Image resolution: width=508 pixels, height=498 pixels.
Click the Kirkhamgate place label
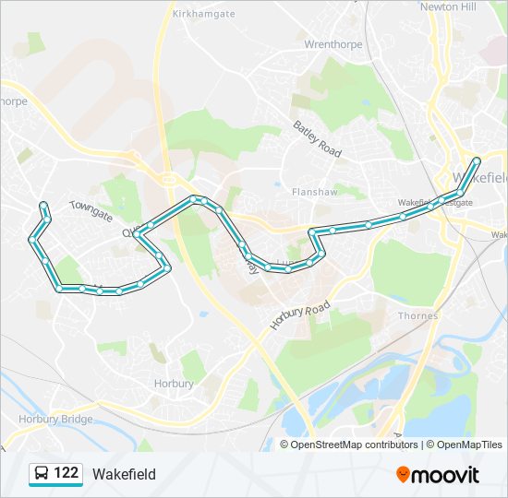204,14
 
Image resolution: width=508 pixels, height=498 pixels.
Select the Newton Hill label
448,6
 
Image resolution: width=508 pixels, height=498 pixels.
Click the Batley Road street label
318,137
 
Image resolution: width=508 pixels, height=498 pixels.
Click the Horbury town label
174,384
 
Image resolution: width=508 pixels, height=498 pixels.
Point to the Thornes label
418,315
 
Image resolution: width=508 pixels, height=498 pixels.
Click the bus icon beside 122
41,474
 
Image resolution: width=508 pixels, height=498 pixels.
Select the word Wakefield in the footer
124,475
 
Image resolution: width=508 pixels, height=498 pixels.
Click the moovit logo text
445,475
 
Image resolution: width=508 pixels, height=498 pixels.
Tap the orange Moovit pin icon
403,475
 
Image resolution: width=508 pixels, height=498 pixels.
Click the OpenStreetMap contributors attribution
354,445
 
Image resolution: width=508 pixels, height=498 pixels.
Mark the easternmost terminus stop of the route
477,161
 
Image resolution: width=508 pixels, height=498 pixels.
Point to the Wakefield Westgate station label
434,202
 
